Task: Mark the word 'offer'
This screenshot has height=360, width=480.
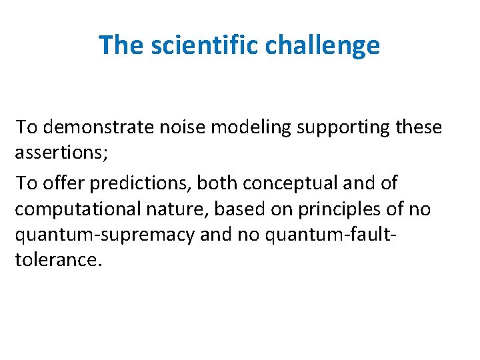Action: pos(63,183)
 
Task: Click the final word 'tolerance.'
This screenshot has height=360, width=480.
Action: pos(59,260)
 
